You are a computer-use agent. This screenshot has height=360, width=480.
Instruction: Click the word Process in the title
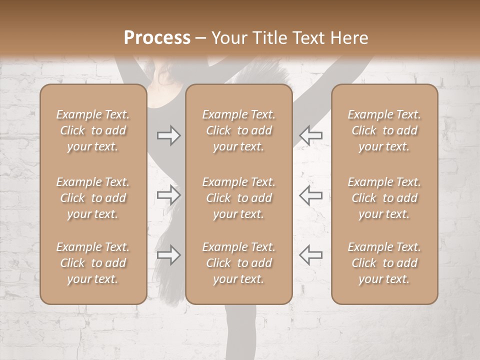click(x=157, y=38)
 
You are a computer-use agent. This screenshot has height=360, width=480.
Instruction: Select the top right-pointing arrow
click(x=169, y=135)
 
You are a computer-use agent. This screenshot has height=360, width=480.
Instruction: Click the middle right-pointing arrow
click(x=169, y=195)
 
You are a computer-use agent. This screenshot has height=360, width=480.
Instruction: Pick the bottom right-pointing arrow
click(x=169, y=255)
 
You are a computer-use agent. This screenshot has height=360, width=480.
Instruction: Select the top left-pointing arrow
click(x=310, y=135)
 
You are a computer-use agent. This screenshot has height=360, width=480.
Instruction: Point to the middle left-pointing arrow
click(x=310, y=195)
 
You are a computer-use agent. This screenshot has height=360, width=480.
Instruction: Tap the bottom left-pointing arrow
click(x=310, y=255)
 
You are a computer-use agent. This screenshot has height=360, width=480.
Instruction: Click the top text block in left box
click(x=93, y=130)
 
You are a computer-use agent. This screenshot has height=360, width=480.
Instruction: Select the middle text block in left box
click(x=93, y=198)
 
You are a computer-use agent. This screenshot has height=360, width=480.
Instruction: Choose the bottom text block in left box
click(x=93, y=263)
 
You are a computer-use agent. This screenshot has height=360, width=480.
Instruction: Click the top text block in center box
click(x=238, y=130)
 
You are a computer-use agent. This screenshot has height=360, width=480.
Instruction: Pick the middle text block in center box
click(x=238, y=198)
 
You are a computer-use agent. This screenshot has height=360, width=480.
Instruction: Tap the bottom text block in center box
click(x=238, y=263)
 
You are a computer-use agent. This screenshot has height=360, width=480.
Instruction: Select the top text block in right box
click(x=384, y=130)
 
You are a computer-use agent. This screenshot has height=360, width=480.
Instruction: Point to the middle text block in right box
click(x=384, y=198)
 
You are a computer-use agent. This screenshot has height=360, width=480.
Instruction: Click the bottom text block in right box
click(x=384, y=263)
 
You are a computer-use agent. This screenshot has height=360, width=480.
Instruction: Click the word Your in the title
click(x=228, y=38)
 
